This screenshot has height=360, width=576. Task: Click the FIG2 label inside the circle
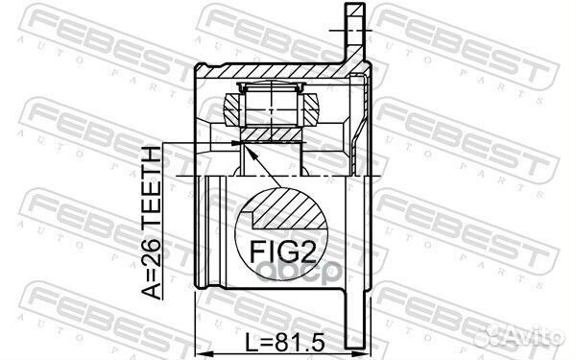283,252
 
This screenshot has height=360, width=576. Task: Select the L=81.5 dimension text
285,343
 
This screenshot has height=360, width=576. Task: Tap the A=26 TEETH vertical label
152,223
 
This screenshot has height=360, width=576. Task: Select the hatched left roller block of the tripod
231,109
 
